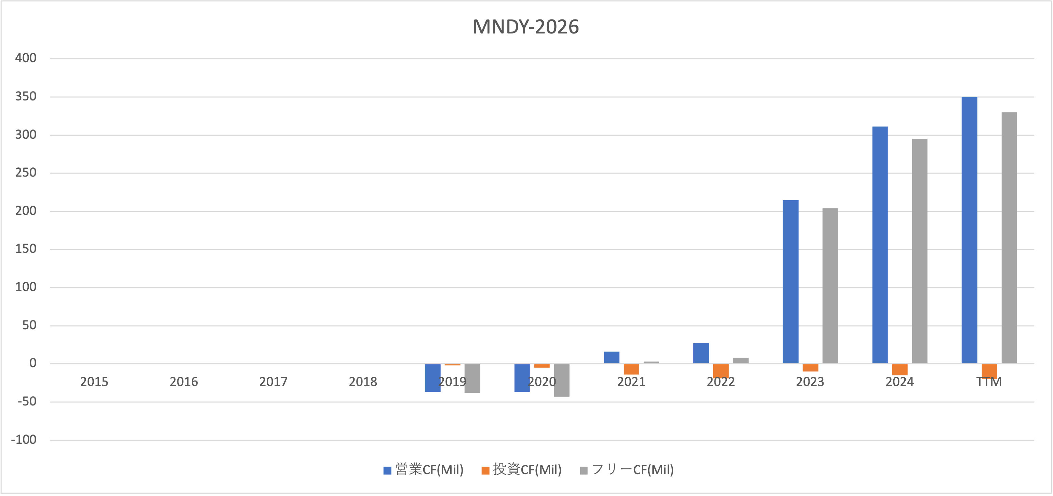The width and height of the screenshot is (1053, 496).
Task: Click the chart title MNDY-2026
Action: click(x=526, y=27)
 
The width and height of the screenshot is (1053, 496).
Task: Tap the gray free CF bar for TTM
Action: click(x=1009, y=238)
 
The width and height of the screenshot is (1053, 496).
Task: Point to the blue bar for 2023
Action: click(x=790, y=281)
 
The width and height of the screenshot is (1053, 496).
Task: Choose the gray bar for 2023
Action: click(x=830, y=286)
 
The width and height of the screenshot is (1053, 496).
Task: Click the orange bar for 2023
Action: click(x=810, y=368)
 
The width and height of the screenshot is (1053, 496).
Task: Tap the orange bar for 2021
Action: click(x=631, y=369)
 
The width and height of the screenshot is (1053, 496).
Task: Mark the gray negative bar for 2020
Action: click(x=562, y=380)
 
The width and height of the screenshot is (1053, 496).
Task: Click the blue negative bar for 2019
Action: click(x=432, y=378)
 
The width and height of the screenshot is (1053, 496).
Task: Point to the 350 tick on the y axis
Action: click(x=26, y=96)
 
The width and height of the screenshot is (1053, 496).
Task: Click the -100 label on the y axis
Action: click(x=24, y=440)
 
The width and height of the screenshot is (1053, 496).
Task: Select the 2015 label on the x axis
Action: click(x=94, y=382)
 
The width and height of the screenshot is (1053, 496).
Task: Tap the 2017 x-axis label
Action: click(x=273, y=382)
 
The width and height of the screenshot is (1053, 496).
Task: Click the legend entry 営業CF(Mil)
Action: click(x=424, y=470)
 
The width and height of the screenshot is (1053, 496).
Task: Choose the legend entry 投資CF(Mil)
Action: click(x=522, y=470)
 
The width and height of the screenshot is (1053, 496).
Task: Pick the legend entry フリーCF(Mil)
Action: click(x=627, y=470)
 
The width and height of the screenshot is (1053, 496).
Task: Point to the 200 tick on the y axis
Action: click(x=26, y=211)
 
